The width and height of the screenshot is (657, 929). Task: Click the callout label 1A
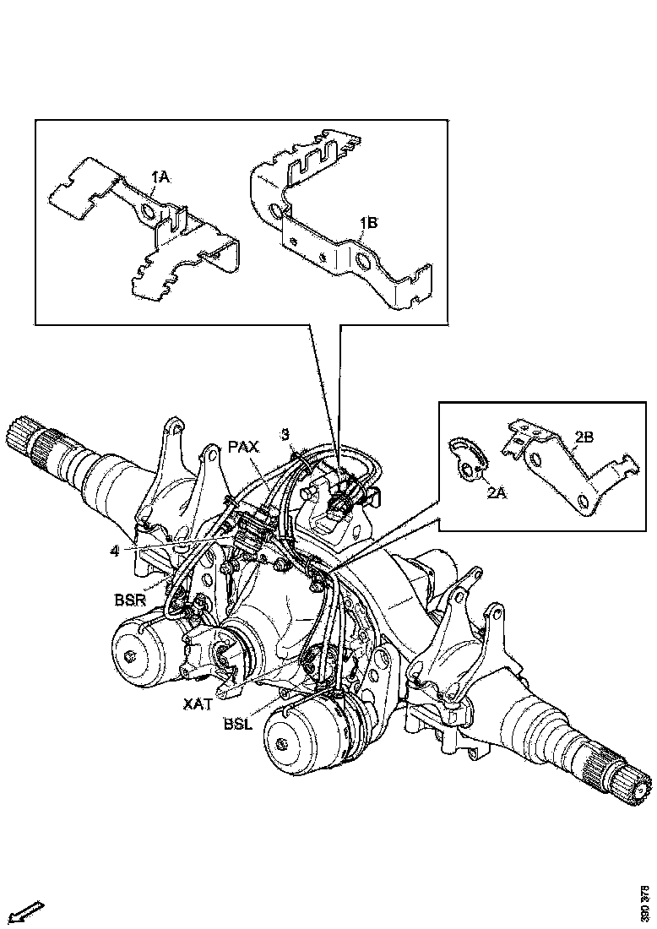(x=161, y=177)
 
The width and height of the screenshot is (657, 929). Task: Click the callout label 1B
(x=370, y=223)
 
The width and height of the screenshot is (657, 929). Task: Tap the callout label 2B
(x=584, y=437)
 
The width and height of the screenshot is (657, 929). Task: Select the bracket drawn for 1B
(x=338, y=224)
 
